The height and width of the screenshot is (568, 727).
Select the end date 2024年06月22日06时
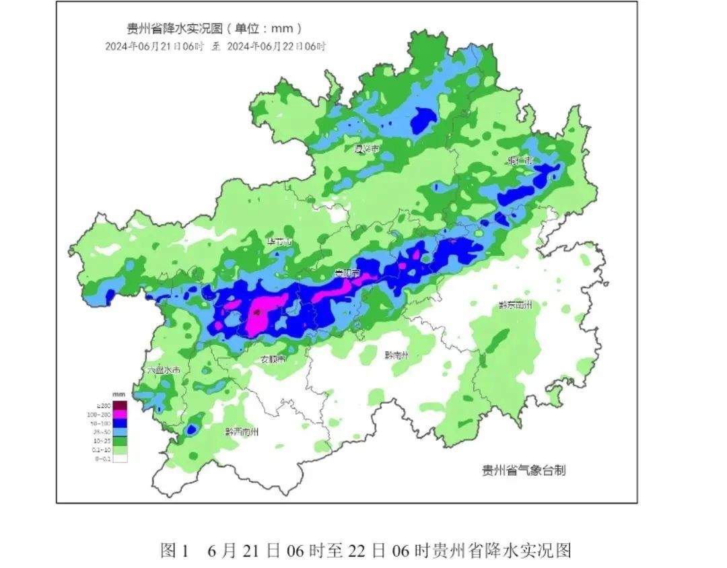coord(276,46)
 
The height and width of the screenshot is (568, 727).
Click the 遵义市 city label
coord(367,147)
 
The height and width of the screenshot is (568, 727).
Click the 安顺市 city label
coord(273,359)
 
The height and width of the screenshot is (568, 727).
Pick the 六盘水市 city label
coord(164,370)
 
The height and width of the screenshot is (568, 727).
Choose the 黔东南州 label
coord(515,305)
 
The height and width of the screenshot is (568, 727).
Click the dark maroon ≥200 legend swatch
coord(120,406)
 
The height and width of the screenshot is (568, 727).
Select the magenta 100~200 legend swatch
coord(120,415)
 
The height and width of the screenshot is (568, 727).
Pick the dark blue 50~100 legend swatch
coord(120,423)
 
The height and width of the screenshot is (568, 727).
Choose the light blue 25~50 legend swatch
coord(120,432)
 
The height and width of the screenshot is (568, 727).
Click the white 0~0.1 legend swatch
coord(120,458)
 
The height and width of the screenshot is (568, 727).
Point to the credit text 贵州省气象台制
coord(524,470)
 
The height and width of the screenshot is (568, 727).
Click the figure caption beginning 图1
coord(366,551)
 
